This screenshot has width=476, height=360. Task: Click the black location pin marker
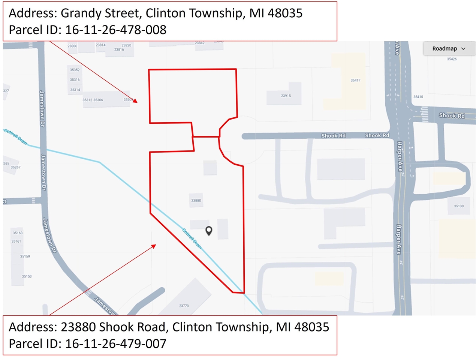coord(209,231)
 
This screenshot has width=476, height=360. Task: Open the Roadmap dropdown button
coord(449,49)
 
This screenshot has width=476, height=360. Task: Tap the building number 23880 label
coord(196,201)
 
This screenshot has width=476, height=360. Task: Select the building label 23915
coord(286,96)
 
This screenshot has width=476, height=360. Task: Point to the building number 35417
coord(355,81)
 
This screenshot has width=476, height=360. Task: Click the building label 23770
coord(184,306)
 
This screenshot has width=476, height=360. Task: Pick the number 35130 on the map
coord(458,206)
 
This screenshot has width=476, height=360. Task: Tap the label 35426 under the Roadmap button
coord(452,59)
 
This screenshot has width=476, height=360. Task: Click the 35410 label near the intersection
coord(418,97)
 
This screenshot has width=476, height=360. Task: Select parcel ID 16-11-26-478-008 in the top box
coord(115,30)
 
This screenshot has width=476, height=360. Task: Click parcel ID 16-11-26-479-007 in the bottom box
coord(115,343)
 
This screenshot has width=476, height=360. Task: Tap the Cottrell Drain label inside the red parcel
coord(192,238)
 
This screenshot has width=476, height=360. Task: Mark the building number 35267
coord(15,168)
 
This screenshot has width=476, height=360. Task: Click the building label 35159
coord(25,256)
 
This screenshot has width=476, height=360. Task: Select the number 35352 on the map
coord(75,70)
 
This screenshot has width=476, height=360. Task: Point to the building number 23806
coord(72,46)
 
